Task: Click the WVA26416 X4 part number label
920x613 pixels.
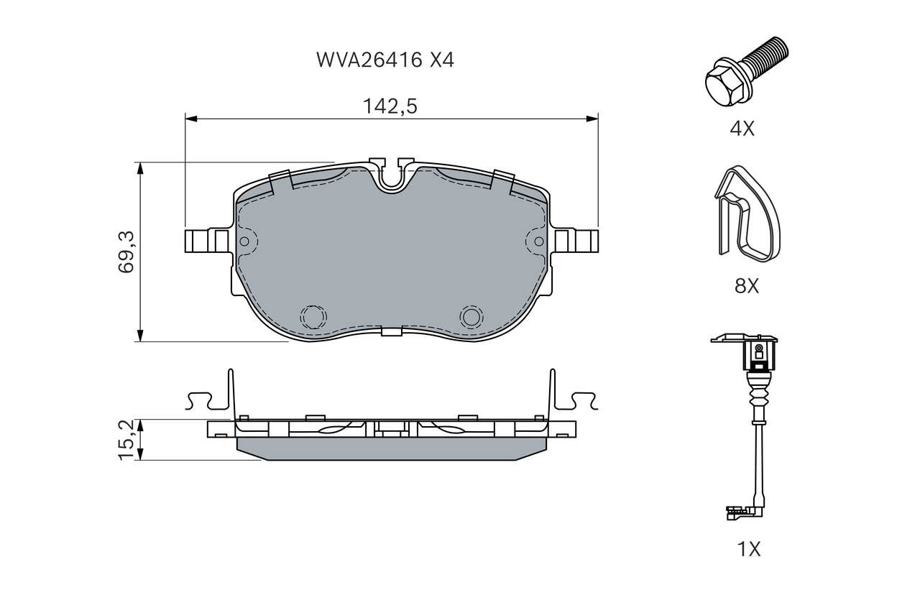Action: coord(385,60)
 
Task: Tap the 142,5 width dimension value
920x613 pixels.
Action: coord(390,106)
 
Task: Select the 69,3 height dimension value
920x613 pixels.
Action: coord(126,252)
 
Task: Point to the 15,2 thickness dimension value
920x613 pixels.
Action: coord(126,440)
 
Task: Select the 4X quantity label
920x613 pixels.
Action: coord(742,129)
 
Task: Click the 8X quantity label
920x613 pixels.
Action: coord(747,286)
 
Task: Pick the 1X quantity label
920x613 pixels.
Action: coord(749,549)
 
